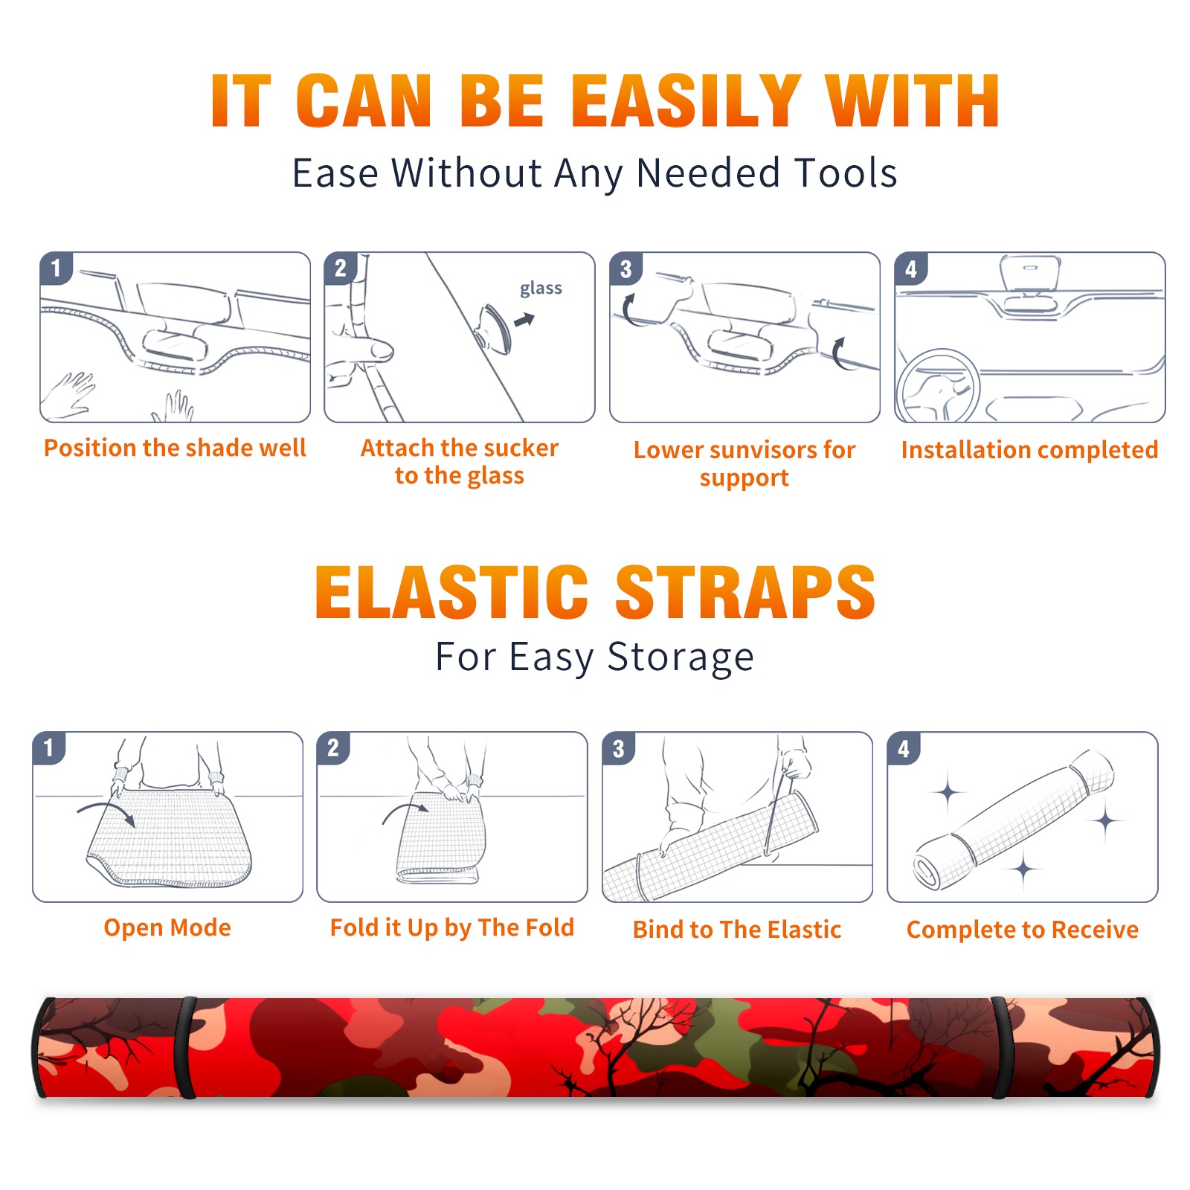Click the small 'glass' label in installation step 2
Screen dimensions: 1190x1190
541,289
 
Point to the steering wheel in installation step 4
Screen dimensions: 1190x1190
938,386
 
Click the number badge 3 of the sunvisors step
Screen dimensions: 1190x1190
625,268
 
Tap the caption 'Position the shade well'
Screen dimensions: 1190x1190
175,448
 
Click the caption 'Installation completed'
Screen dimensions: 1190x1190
1029,449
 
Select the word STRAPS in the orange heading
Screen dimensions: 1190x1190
745,592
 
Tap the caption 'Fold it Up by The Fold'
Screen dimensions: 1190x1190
452,927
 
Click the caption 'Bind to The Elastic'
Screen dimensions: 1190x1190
737,930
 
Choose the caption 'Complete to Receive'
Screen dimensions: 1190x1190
1023,930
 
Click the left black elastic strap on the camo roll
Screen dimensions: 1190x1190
185,1048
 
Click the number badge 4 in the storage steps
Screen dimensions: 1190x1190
904,748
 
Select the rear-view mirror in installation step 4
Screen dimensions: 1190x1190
1030,273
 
